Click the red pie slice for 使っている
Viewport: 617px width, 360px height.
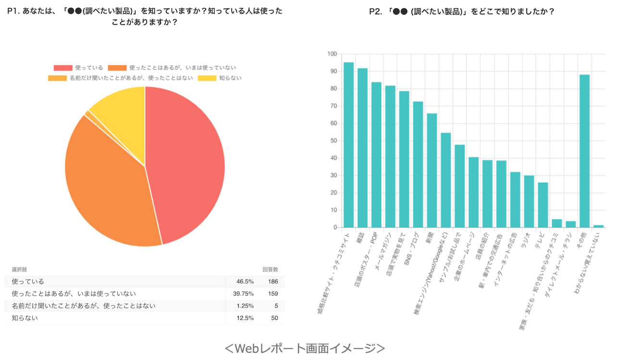point(187,163)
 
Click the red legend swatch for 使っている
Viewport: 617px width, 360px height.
point(63,68)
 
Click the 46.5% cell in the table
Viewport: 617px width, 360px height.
point(245,281)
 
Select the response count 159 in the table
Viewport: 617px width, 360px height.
point(272,293)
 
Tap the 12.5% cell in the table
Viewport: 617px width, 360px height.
point(245,318)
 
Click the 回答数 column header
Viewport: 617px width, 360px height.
point(270,270)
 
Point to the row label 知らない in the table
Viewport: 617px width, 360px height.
point(25,318)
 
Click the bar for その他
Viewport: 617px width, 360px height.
point(584,151)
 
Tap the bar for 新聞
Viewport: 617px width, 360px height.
point(432,170)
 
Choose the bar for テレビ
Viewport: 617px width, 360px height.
point(543,205)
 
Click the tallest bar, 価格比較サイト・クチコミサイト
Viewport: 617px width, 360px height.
point(348,145)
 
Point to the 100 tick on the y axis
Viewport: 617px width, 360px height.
point(332,54)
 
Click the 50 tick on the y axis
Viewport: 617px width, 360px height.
point(333,141)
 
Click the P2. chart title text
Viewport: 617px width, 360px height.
point(461,12)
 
